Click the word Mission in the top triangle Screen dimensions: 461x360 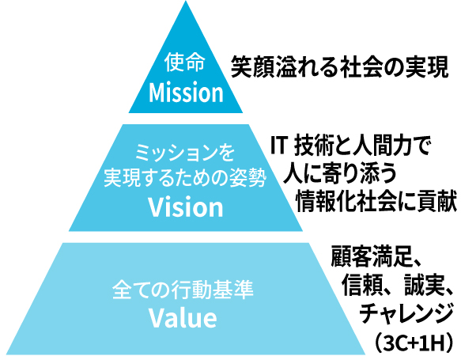[186, 93]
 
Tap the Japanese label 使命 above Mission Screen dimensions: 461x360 [184, 62]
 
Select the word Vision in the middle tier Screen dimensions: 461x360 [186, 207]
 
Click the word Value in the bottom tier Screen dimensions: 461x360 [183, 318]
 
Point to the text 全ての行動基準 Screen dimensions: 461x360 [183, 290]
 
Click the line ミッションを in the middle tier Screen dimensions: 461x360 [185, 153]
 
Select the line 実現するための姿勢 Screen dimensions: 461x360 [185, 177]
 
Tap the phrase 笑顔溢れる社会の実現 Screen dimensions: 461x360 [339, 67]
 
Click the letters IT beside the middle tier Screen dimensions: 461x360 [278, 145]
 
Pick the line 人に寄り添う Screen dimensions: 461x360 [339, 174]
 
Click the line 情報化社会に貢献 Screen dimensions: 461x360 [376, 201]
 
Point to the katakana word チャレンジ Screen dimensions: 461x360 [406, 313]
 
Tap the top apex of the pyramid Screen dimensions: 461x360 [186, 1]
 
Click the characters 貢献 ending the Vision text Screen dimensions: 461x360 [437, 201]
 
